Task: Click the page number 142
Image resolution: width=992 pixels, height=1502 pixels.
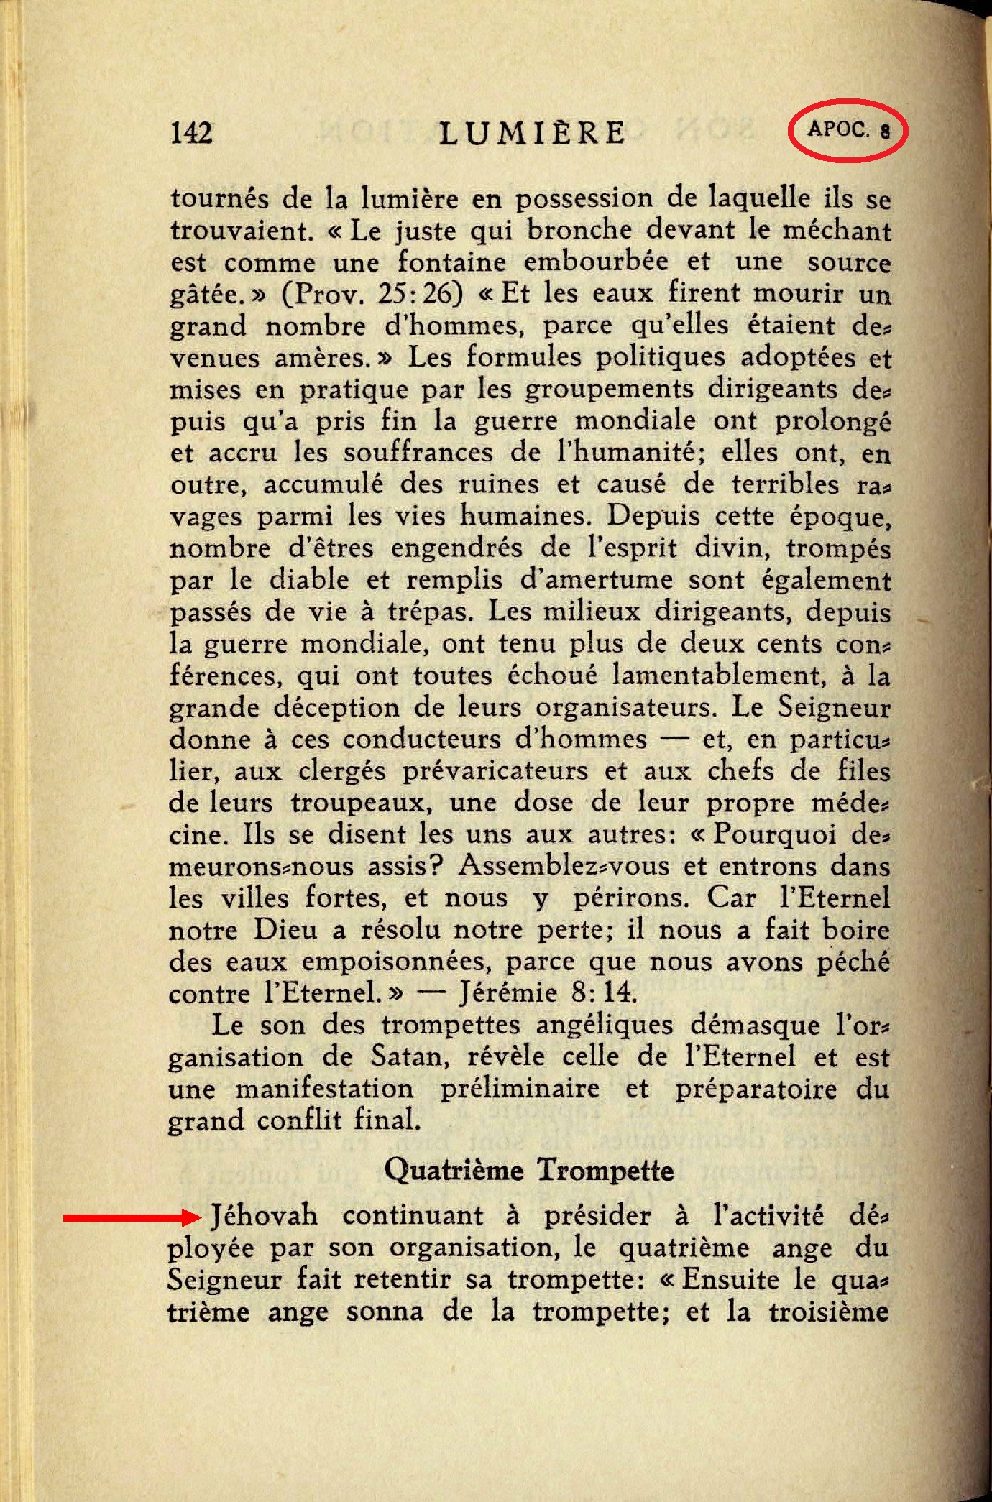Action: pos(191,132)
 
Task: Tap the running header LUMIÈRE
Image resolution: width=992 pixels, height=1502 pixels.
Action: pos(533,133)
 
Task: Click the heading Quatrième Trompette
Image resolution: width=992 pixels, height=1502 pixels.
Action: pos(529,1169)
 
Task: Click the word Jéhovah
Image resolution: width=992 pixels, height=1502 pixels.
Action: pos(264,1215)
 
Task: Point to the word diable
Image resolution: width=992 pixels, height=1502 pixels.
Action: pos(309,579)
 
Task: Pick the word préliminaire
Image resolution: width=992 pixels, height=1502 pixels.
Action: pos(520,1088)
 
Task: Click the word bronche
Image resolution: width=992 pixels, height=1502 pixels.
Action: pos(572,230)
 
